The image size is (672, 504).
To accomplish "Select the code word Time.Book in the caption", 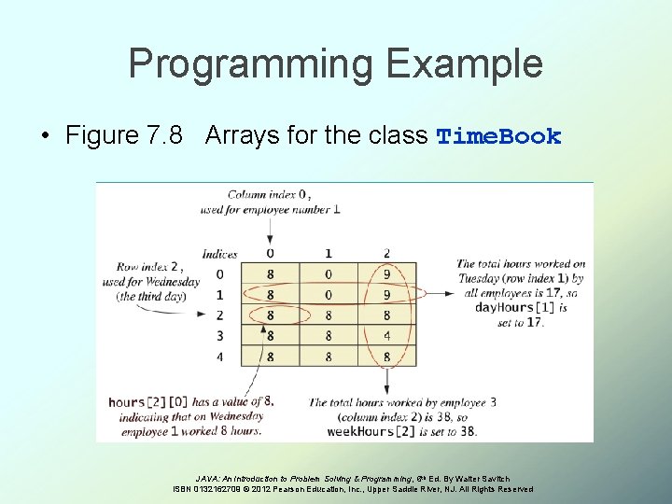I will (499, 136).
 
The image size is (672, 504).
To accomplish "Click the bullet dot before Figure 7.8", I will (46, 136).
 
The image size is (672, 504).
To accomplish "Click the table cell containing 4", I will (386, 335).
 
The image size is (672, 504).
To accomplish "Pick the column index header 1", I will (328, 253).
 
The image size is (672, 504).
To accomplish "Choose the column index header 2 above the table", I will (386, 253).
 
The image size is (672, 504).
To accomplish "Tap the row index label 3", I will (219, 335).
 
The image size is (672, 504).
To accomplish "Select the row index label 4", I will (219, 356).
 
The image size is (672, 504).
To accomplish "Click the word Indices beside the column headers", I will (219, 254).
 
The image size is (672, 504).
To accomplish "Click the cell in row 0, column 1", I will (328, 274).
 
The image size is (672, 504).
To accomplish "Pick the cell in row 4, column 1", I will (328, 356).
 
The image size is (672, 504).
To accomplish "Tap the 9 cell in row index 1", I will (386, 295).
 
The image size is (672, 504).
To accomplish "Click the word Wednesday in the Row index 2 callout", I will (171, 282).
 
